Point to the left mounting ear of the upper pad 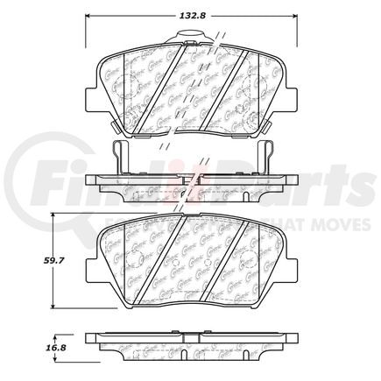point(93,92)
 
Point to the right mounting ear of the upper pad point(287,92)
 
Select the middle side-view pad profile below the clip point(190,186)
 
